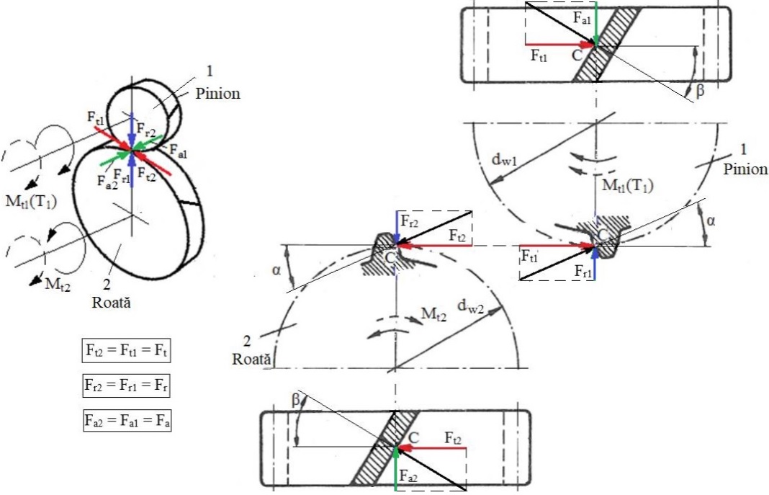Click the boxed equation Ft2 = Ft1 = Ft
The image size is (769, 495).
[x=127, y=350]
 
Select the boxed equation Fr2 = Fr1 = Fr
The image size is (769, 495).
[x=127, y=385]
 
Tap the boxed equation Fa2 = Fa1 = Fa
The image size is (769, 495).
[x=127, y=421]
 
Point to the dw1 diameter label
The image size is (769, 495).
[x=505, y=161]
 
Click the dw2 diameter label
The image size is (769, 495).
[x=470, y=307]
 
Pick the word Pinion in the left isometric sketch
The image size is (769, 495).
[x=217, y=93]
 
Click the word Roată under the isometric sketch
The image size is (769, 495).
[x=112, y=302]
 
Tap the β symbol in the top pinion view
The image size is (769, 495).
[x=700, y=90]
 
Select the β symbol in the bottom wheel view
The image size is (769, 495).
[x=296, y=400]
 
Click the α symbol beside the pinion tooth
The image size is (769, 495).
[x=711, y=220]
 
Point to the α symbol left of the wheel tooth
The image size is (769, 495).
[x=276, y=269]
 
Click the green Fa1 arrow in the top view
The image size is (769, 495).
[x=595, y=24]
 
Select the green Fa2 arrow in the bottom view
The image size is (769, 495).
[x=395, y=468]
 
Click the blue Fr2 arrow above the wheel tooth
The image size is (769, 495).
[x=396, y=228]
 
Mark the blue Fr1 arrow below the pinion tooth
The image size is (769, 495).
[x=595, y=263]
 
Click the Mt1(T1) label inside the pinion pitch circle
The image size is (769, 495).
[x=628, y=185]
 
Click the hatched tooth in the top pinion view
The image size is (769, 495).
[x=607, y=44]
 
